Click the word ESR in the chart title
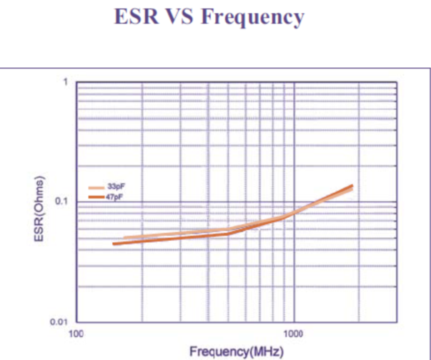coord(137,16)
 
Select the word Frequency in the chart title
coord(253,18)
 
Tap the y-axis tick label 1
coord(65,81)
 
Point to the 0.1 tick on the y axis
coord(61,201)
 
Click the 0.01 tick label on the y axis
coord(59,321)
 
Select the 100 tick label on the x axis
coord(76,334)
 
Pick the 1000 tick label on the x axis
coord(293,334)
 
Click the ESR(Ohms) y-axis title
coord(39,209)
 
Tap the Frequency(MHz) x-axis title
coord(237,351)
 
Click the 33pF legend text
coord(117,186)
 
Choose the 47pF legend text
coord(114,197)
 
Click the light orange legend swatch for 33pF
coord(96,188)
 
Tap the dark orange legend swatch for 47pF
coord(96,197)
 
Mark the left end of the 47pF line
coord(113,244)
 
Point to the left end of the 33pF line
coord(124,238)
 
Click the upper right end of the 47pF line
coord(352,186)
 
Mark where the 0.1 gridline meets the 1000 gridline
coord(294,202)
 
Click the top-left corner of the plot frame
coord(76,82)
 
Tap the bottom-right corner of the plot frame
coord(397,322)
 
